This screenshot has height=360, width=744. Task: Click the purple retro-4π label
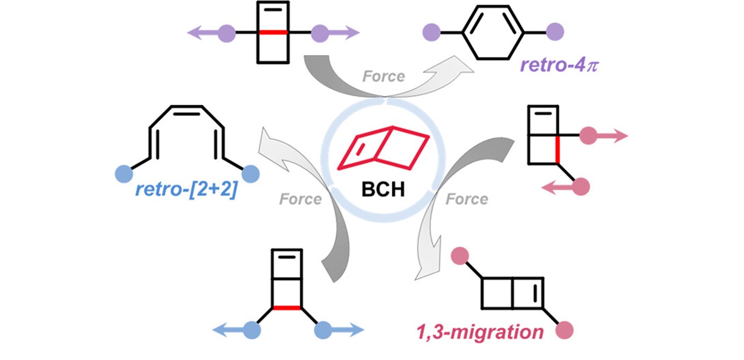[559, 66]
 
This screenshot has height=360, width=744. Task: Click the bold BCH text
[383, 188]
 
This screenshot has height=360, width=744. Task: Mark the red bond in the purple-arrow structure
[273, 33]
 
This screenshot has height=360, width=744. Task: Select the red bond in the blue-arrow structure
[287, 308]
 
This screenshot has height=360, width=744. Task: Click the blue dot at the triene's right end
[250, 174]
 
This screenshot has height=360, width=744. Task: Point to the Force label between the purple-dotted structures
[383, 76]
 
